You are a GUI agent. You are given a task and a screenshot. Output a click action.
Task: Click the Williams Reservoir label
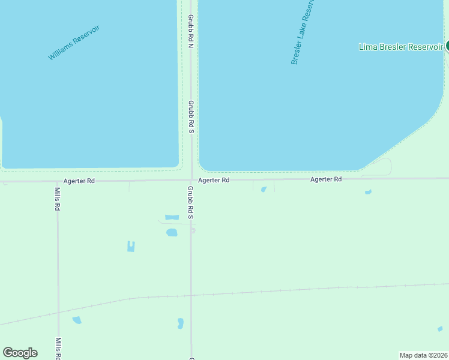click(74, 42)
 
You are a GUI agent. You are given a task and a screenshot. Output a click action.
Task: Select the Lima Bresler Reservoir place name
click(400, 47)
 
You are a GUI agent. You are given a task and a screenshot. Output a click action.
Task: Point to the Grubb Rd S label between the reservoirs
click(190, 117)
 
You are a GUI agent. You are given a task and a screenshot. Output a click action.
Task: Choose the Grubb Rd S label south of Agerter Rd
click(190, 202)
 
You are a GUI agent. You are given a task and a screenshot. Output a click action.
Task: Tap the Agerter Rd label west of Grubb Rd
click(79, 181)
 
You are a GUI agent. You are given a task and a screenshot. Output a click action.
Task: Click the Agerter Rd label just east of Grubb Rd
click(214, 180)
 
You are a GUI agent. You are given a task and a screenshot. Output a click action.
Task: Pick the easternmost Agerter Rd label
click(326, 179)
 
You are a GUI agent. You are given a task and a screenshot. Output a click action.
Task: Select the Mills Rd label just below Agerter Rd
click(58, 199)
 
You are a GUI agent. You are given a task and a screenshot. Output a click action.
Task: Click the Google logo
click(20, 353)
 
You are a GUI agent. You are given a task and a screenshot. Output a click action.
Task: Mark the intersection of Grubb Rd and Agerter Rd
click(191, 179)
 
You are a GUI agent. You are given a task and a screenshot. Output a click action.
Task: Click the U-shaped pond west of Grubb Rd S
click(131, 246)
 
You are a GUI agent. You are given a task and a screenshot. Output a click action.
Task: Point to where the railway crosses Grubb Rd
click(191, 295)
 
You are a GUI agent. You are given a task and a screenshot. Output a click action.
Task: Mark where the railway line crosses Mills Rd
click(58, 313)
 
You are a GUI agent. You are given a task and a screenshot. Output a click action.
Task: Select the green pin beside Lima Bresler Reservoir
click(447, 46)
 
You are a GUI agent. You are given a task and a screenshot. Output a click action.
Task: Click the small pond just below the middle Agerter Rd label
click(264, 190)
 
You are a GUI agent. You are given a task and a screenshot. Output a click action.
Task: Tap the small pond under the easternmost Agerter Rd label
click(368, 192)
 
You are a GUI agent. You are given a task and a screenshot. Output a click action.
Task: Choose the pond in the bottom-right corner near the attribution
click(440, 329)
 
